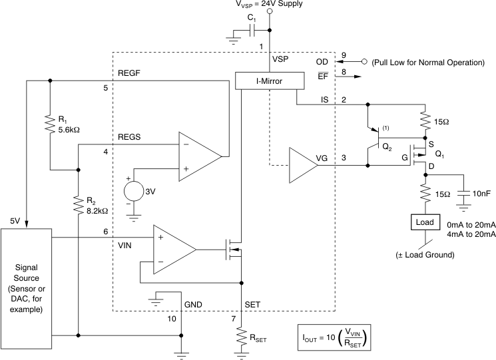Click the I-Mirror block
[270, 81]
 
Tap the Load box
[425, 222]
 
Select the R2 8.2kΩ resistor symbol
[79, 204]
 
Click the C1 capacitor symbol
[252, 30]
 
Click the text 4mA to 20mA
[473, 234]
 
